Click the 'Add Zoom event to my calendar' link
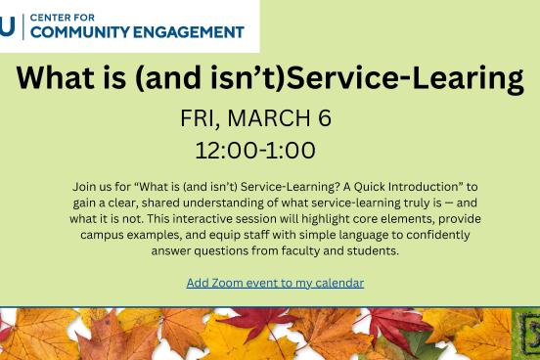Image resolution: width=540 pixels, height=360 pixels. point(275,283)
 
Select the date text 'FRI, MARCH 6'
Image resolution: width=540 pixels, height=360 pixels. point(255,118)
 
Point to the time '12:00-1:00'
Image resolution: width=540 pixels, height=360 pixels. point(255,151)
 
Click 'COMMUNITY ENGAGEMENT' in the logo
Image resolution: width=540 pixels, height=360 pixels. point(137,32)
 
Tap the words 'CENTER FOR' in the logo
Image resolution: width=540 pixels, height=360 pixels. point(61,17)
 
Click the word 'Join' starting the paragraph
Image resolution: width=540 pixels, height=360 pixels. point(84,186)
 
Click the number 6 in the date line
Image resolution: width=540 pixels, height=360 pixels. point(325,118)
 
